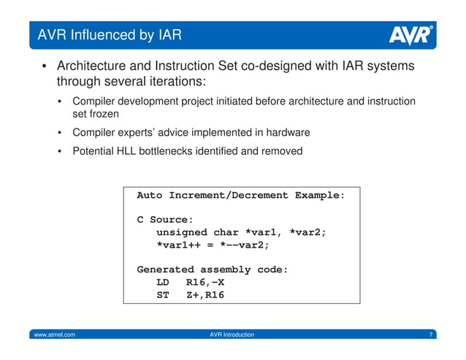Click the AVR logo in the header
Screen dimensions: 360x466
point(410,34)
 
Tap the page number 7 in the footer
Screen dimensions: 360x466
point(432,334)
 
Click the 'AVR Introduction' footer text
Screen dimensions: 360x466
point(232,334)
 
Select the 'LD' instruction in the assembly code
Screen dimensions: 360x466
point(164,282)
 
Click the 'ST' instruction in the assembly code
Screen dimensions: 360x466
point(164,295)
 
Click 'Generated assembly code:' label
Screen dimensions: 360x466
point(213,269)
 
